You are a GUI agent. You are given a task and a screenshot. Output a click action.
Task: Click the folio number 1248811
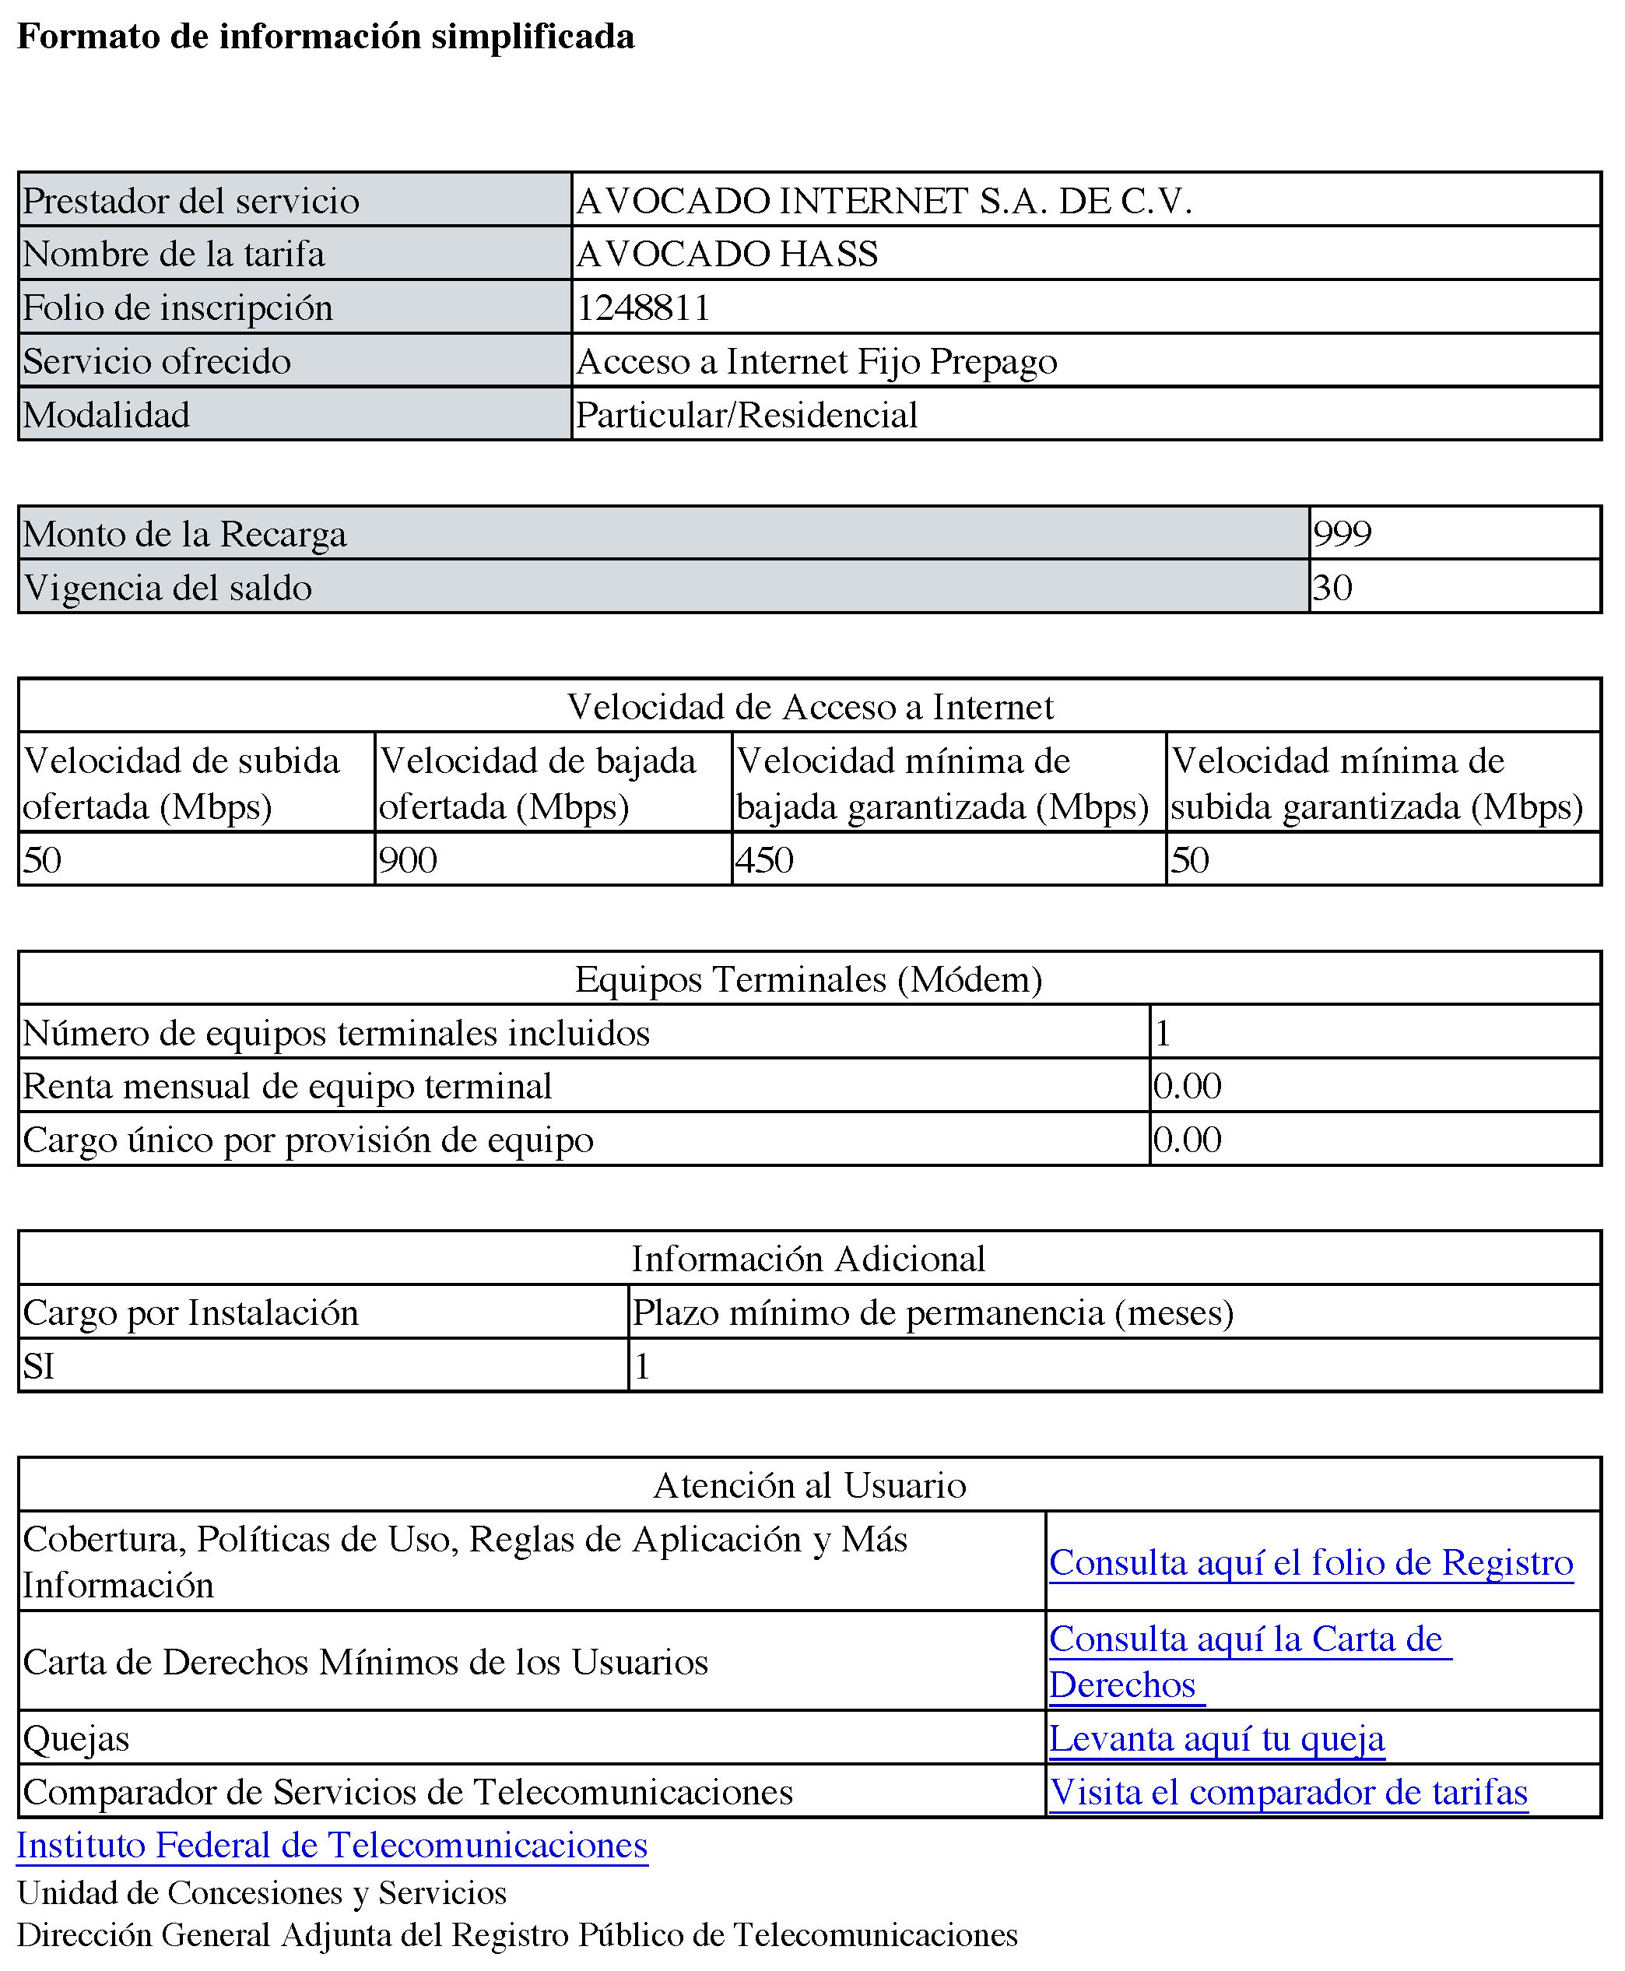643,308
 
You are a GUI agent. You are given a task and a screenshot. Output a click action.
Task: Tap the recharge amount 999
1342,534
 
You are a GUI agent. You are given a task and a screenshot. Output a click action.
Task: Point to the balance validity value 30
1332,588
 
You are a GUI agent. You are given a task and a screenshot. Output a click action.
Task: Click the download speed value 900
407,859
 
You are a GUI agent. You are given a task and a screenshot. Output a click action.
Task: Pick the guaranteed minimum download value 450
763,859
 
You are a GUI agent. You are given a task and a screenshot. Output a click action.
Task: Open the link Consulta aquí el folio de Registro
1311,1563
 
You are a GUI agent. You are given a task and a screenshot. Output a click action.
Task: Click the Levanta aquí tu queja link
1216,1739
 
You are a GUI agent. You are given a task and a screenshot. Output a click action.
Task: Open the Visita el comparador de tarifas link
1288,1792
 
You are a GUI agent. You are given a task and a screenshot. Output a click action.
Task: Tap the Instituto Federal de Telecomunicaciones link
332,1846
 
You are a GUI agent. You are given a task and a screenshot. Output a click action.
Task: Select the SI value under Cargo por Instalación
38,1366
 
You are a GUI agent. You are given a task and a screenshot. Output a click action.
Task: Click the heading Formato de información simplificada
326,37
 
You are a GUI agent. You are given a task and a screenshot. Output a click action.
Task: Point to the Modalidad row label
106,415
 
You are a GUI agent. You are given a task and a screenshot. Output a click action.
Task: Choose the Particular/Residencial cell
746,415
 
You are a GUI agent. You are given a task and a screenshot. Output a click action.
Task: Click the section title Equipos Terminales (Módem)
809,979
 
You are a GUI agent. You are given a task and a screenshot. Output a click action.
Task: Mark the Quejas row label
75,1739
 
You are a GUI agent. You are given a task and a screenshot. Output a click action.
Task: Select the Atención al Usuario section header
809,1486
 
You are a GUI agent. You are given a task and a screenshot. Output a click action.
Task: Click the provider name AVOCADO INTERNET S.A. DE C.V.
883,202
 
